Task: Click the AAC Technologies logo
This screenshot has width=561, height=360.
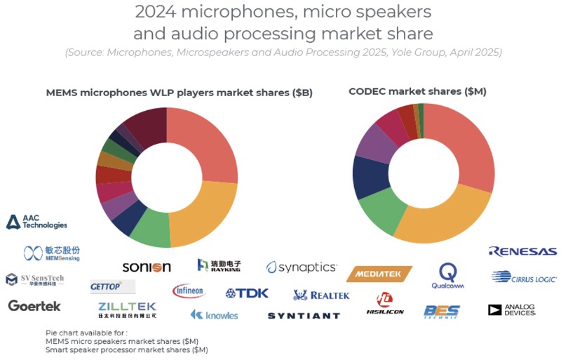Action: (37, 222)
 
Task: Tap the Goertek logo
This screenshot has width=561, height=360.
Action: (34, 305)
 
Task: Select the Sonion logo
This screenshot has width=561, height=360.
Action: (147, 267)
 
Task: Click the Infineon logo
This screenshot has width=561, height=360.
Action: (188, 291)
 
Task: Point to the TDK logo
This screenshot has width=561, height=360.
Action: (247, 293)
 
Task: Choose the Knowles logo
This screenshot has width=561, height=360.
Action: (215, 314)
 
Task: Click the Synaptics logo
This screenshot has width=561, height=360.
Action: (302, 267)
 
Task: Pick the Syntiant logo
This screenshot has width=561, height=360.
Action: (304, 316)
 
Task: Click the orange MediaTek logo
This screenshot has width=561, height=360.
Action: (379, 274)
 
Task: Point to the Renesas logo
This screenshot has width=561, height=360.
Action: (523, 251)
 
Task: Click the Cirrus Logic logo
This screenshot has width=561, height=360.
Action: (525, 277)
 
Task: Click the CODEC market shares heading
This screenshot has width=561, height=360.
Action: (417, 91)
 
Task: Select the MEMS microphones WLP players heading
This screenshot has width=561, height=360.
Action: (179, 92)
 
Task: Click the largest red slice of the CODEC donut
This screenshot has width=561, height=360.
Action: (469, 147)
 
